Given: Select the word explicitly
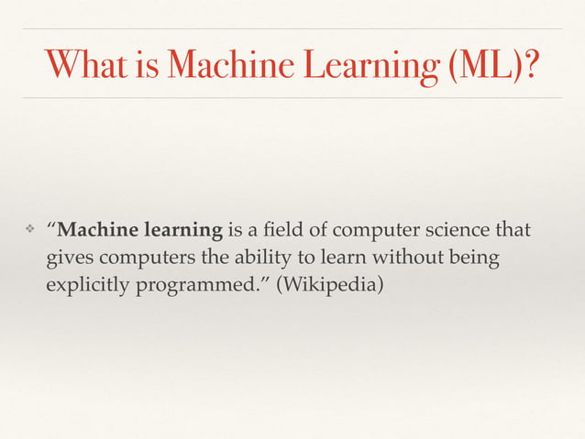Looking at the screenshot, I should click(x=88, y=286).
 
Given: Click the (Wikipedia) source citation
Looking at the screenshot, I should click(x=331, y=286).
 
